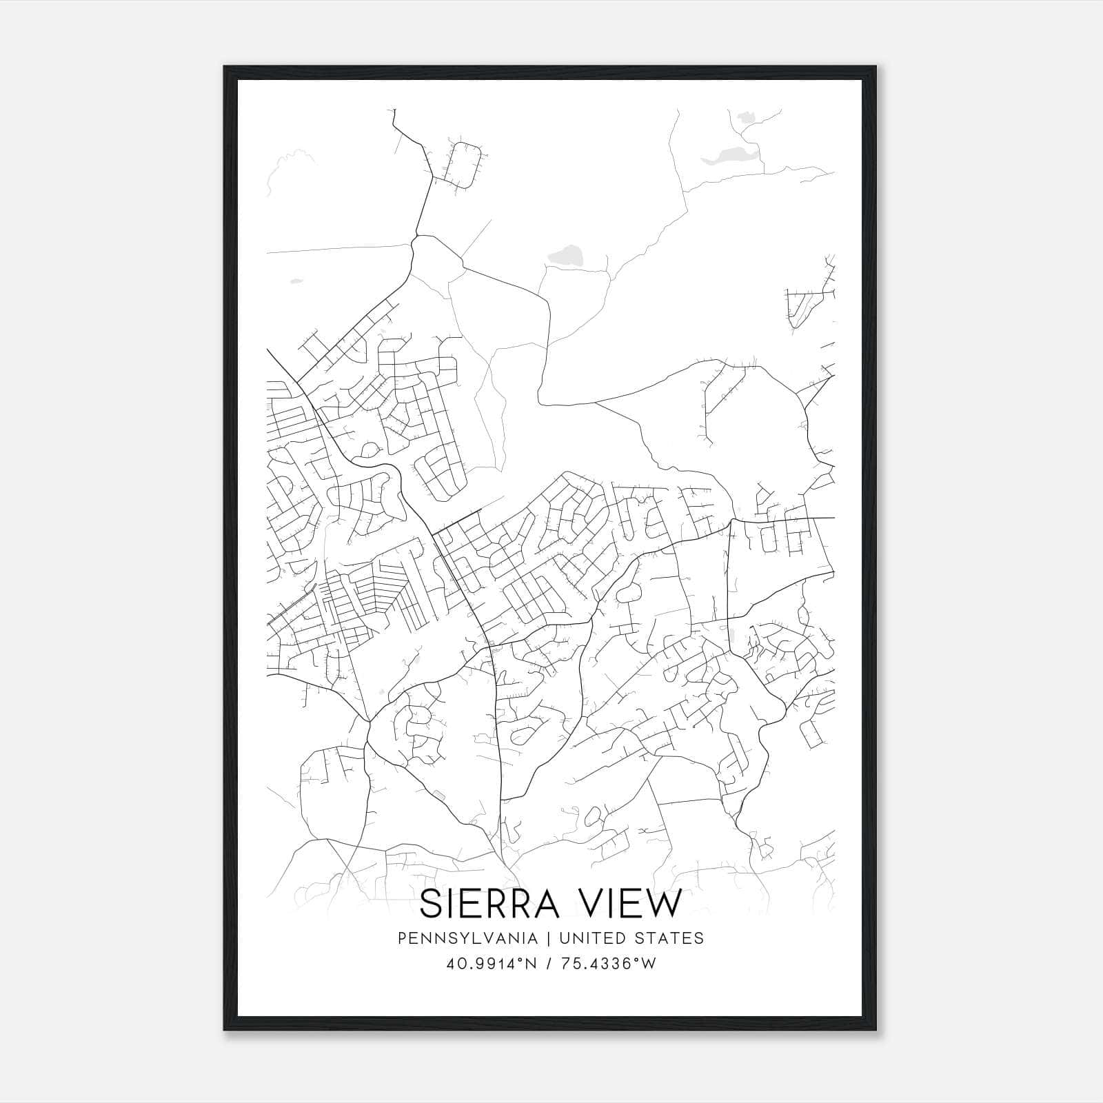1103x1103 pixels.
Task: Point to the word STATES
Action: (x=670, y=938)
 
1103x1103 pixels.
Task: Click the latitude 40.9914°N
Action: (x=492, y=964)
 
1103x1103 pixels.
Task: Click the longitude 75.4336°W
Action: (x=607, y=964)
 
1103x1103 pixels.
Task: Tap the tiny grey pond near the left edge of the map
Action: (x=296, y=281)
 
